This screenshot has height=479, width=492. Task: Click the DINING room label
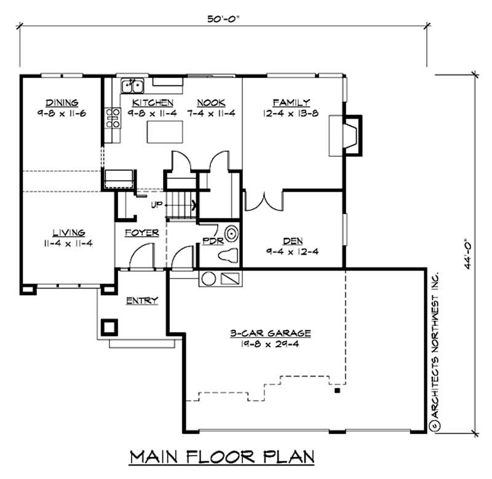62,103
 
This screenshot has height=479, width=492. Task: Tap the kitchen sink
133,85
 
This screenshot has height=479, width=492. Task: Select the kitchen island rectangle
165,132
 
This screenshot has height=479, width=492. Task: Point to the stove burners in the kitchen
113,118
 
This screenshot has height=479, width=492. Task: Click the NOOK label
211,103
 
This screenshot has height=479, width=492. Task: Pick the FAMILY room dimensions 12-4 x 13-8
291,113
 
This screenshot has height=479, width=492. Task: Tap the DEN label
293,241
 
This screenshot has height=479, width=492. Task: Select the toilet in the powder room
228,255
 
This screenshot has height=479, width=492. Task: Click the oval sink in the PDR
232,234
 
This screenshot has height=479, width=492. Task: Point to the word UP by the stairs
157,205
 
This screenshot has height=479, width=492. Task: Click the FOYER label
142,233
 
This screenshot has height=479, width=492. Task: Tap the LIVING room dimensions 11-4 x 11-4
68,243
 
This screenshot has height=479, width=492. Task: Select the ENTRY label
142,301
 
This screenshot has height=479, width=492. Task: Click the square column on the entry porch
109,328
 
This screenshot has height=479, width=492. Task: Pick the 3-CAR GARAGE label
271,333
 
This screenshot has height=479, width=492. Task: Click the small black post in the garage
337,390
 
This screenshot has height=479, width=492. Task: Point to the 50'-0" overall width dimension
223,19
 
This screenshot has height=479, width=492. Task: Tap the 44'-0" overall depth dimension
469,255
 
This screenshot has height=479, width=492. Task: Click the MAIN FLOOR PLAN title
222,457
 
